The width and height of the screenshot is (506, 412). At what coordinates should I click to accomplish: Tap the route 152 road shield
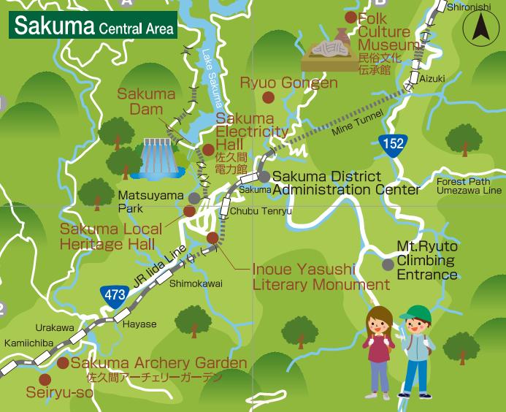392,144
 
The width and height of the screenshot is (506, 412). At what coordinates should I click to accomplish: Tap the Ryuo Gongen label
288,83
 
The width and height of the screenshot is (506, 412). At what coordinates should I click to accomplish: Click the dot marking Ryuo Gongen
268,97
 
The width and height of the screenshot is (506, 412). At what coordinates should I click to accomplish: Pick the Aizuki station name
432,78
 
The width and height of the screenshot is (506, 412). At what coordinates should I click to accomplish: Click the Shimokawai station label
196,283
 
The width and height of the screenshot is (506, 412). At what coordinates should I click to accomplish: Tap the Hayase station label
139,324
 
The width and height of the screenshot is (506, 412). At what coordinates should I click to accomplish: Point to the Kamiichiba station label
27,342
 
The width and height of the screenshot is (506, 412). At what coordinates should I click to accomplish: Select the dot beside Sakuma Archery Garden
63,363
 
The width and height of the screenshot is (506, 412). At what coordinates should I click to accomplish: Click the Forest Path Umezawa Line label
468,186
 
